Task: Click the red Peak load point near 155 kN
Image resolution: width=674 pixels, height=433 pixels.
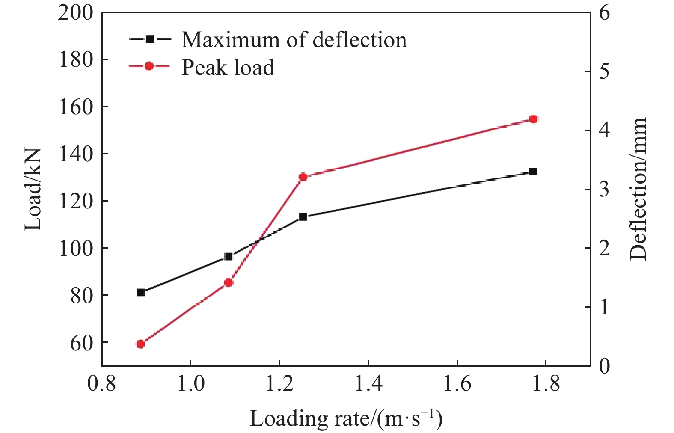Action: [533, 119]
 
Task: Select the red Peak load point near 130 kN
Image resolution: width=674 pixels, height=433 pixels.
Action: [303, 177]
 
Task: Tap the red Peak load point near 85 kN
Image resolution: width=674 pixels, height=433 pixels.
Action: [229, 282]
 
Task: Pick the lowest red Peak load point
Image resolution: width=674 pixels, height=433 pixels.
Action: [140, 344]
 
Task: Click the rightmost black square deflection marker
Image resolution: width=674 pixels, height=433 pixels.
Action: [533, 172]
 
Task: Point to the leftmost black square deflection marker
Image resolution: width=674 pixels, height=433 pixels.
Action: [140, 292]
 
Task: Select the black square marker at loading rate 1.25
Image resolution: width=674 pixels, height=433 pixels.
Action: [303, 217]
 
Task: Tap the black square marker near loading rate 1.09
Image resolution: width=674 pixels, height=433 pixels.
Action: [229, 257]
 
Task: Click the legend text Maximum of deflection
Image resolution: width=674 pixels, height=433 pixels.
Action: [294, 39]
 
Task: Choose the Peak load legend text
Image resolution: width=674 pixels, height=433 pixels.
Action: [228, 67]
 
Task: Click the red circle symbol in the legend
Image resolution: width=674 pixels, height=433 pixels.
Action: [149, 66]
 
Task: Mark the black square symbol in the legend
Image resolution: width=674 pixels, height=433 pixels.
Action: [150, 39]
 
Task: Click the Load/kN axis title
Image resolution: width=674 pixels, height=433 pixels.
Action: [33, 190]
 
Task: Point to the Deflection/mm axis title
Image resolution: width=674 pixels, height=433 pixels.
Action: [638, 190]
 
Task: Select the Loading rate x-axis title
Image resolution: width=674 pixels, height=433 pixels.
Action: [346, 418]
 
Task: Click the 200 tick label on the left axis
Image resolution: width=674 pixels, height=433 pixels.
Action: [75, 13]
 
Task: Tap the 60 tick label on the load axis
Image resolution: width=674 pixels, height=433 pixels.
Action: [81, 343]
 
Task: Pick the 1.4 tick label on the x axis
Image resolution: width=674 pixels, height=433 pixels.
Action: [368, 384]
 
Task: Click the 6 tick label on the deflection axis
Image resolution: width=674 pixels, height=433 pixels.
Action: [604, 13]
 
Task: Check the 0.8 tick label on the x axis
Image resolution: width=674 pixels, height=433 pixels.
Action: [101, 384]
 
